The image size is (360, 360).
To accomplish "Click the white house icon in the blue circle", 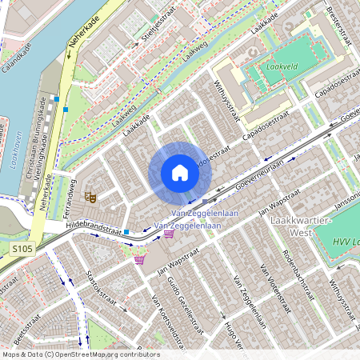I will point(180,173).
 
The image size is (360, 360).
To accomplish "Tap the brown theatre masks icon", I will point(90,194).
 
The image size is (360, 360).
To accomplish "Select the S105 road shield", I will point(23,251).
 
